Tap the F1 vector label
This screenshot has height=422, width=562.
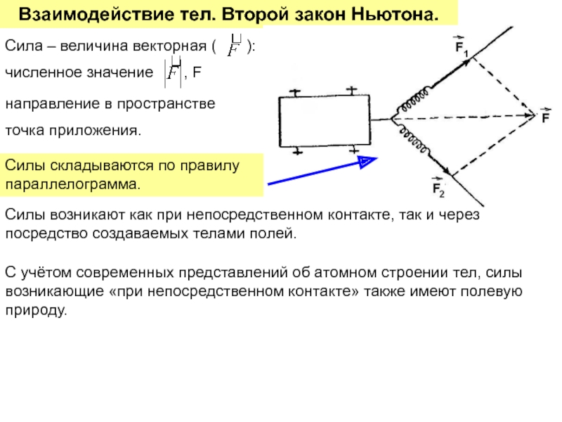(x=461, y=46)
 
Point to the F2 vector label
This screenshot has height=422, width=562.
(x=438, y=187)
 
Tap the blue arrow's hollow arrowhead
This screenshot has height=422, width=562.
(x=367, y=162)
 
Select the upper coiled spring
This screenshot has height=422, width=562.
(x=414, y=99)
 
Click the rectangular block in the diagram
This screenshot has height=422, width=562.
(x=325, y=121)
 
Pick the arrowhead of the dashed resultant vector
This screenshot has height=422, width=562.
(x=530, y=115)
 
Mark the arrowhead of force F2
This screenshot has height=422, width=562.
(x=445, y=169)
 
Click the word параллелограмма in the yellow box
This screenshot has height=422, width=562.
(x=72, y=184)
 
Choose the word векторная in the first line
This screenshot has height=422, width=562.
(x=169, y=46)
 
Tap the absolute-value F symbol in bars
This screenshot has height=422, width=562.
(x=173, y=72)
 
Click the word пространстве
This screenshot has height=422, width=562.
(x=166, y=104)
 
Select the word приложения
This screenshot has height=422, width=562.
(x=95, y=131)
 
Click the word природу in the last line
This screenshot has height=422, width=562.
(x=36, y=310)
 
